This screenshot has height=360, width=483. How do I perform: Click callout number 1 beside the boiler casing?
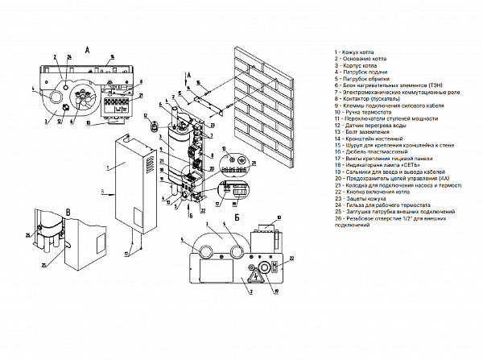pos(106,167)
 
